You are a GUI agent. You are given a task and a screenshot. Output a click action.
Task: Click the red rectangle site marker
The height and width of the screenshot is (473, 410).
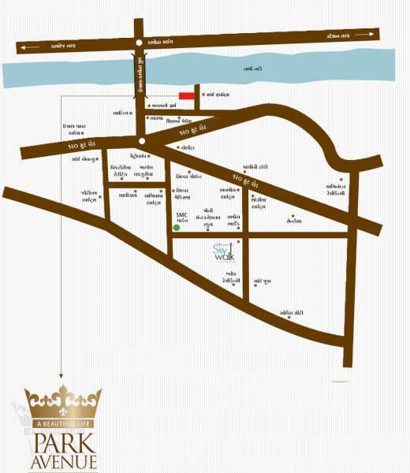[x=187, y=95]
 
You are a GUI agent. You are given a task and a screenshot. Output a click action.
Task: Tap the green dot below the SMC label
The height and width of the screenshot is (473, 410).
[x=177, y=228]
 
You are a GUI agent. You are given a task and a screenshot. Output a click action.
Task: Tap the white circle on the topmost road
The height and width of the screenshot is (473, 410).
[x=139, y=43]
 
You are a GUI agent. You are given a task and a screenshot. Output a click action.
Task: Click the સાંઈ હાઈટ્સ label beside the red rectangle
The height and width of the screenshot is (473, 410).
[x=219, y=95]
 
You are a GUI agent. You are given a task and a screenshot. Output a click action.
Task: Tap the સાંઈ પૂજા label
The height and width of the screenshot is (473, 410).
[x=263, y=280]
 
